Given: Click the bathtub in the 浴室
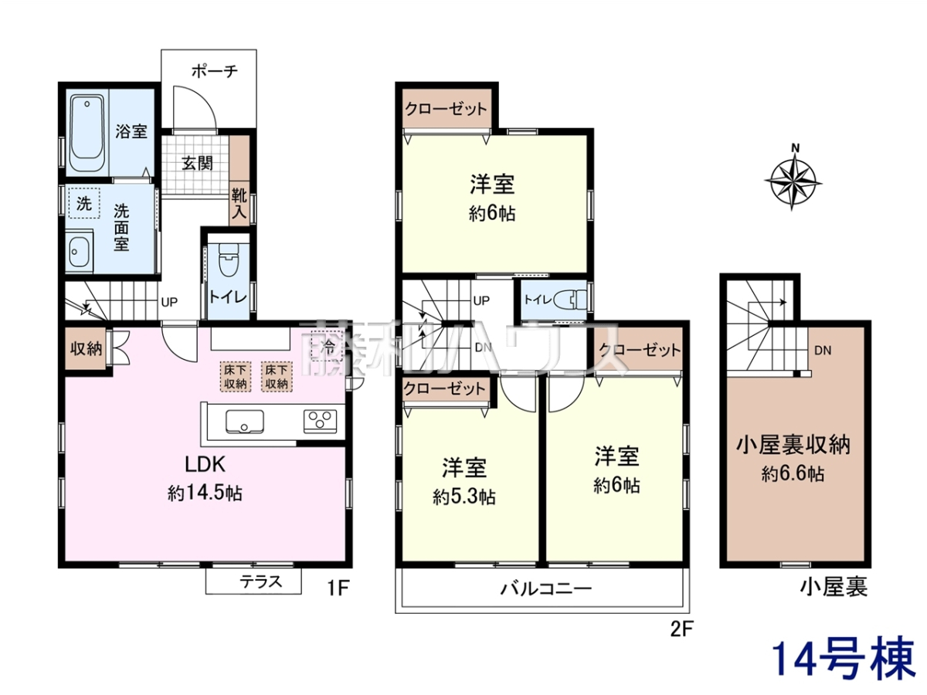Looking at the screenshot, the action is (x=87, y=133).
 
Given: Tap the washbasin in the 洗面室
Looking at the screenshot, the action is (x=80, y=252).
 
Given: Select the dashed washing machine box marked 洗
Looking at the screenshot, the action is (x=84, y=204).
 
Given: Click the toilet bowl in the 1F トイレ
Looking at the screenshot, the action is (x=228, y=262).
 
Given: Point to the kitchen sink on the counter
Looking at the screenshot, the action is (x=245, y=422).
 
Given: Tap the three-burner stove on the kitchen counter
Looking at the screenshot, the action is (x=321, y=422).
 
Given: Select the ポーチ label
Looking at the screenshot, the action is (x=215, y=71).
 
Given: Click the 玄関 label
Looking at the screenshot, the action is (x=197, y=163).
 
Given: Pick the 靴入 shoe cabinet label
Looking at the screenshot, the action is (x=239, y=204).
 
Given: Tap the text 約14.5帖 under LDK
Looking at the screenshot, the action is (x=205, y=493).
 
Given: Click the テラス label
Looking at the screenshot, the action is (x=261, y=582).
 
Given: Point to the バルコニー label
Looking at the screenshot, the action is (x=546, y=588).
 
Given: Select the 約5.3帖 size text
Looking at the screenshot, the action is (x=464, y=497).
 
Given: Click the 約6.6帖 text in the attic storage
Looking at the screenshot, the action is (x=793, y=474).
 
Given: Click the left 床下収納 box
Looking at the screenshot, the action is (x=236, y=377).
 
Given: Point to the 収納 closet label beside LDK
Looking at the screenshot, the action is (x=86, y=348).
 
